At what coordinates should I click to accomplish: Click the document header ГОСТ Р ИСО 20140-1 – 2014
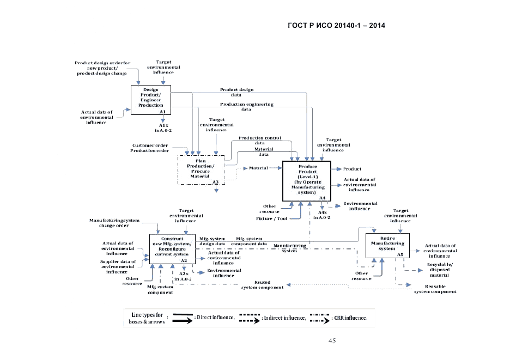(336, 26)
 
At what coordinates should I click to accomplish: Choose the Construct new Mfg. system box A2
(172, 249)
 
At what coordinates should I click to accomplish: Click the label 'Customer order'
(150, 145)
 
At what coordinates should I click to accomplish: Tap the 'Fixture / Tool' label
(271, 218)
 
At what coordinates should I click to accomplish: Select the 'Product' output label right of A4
(352, 169)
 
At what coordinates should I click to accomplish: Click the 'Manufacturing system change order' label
(114, 223)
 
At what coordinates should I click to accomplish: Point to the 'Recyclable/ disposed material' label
(439, 270)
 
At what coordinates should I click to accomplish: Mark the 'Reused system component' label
(262, 285)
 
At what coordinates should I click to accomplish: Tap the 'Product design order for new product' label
(102, 68)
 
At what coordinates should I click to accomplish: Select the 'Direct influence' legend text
(215, 317)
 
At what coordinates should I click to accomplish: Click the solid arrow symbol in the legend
(184, 318)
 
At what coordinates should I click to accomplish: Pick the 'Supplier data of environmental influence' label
(117, 266)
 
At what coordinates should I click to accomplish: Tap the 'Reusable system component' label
(435, 289)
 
